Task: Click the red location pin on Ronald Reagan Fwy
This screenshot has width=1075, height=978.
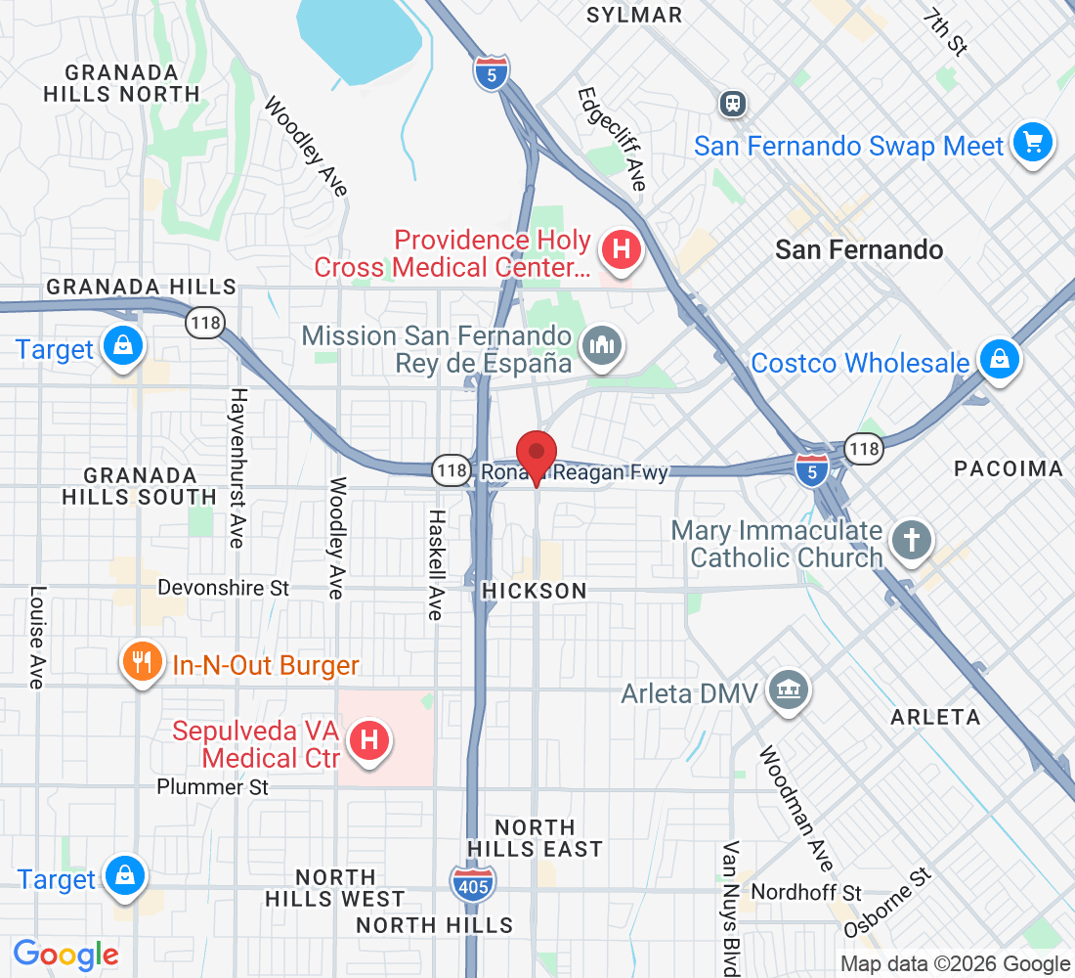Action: pyautogui.click(x=537, y=456)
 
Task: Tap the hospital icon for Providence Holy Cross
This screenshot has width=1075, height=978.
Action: pyautogui.click(x=620, y=249)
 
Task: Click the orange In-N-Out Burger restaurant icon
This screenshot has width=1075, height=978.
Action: pyautogui.click(x=143, y=663)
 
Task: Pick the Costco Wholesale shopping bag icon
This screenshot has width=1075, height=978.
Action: pyautogui.click(x=999, y=358)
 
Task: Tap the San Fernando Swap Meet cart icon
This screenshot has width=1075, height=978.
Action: pyautogui.click(x=1031, y=143)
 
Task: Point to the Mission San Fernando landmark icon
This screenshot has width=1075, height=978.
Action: pyautogui.click(x=601, y=344)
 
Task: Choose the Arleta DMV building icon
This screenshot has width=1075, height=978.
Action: pyautogui.click(x=787, y=690)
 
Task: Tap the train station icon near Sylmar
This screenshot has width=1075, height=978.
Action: pyautogui.click(x=732, y=103)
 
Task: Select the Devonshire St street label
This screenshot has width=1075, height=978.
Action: pyautogui.click(x=224, y=589)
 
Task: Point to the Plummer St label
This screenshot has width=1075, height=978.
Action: pyautogui.click(x=213, y=787)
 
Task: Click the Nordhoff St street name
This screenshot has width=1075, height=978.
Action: pyautogui.click(x=806, y=893)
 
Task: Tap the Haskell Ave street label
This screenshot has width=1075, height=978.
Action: pyautogui.click(x=436, y=564)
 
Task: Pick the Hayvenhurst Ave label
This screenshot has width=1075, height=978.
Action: pyautogui.click(x=236, y=467)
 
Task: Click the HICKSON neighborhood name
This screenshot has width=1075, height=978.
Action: pyautogui.click(x=535, y=592)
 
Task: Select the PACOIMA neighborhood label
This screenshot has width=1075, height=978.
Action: pyautogui.click(x=1009, y=469)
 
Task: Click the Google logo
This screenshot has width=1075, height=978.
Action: pyautogui.click(x=66, y=954)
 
